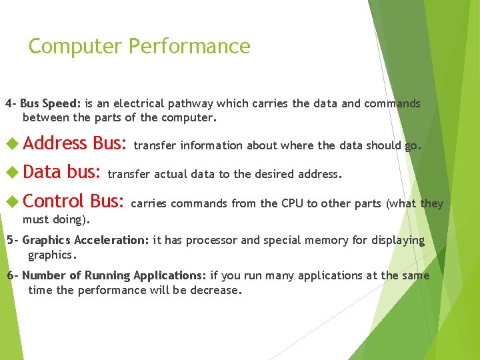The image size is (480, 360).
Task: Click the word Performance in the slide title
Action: tap(189, 47)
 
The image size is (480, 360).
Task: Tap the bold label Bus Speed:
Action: tap(51, 103)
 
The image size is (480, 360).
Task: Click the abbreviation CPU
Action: tap(273, 203)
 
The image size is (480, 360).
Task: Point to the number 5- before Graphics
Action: tap(12, 240)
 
